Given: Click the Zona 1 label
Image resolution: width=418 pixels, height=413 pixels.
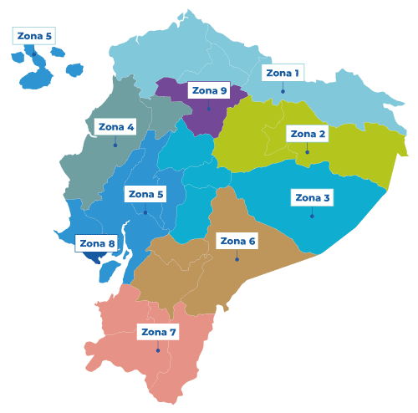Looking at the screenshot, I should point(283,73).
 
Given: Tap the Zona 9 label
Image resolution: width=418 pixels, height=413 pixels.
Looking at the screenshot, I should point(209,90).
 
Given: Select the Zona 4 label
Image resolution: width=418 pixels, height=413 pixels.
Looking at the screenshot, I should point(115,127).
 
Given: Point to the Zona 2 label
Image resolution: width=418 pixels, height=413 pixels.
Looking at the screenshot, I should point(308,134).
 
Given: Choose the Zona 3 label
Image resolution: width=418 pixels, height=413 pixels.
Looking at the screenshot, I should point(313,198).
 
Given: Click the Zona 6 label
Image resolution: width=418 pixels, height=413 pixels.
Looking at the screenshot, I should point(237,242).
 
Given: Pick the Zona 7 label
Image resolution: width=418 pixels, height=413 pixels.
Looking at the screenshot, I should point(159,332).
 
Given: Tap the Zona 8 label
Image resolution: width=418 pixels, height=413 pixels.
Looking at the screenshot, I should point(97,244).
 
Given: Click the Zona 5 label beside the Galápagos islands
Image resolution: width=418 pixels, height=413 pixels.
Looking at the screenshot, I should point(34,36).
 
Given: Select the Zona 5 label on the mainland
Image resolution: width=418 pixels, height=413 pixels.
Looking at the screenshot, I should point(145,194).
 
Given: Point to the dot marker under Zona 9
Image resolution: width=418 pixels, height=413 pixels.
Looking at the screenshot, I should point(209,109).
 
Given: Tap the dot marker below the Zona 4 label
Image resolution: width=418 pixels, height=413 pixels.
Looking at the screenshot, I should point(115,145).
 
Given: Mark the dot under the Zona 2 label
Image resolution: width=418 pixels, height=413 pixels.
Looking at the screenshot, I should point(308,152).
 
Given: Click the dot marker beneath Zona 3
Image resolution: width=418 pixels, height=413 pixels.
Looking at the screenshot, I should point(313,217).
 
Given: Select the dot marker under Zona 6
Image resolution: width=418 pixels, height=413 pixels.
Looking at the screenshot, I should point(237,259).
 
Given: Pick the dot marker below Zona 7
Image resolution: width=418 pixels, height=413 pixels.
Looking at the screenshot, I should point(159,350).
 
